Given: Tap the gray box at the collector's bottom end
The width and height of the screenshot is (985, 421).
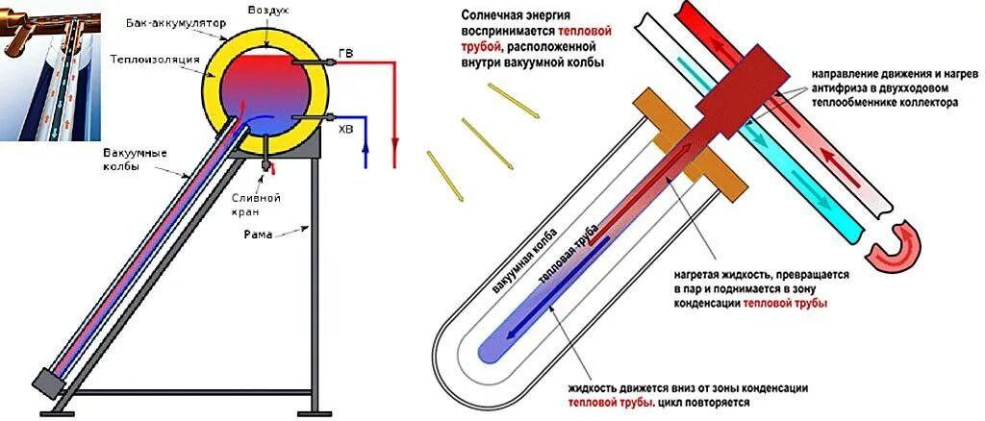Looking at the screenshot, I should [45, 382].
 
